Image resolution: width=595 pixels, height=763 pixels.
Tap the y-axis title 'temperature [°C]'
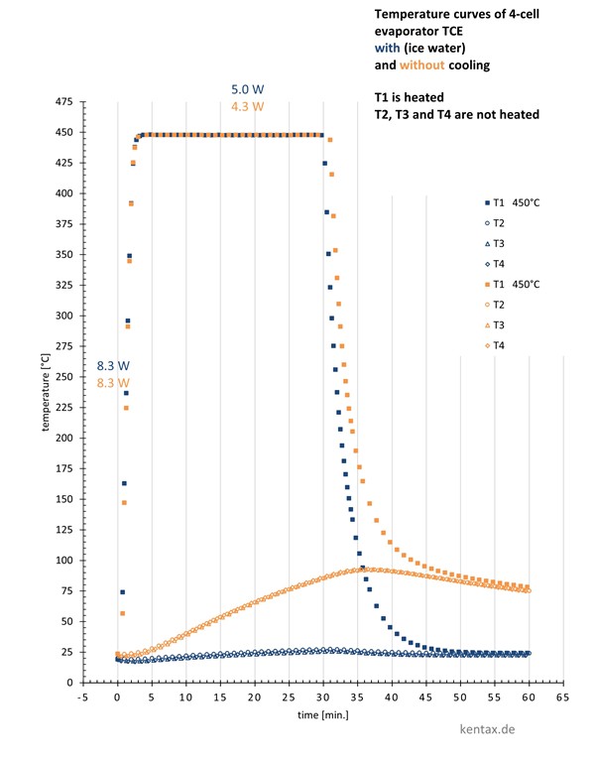[46, 393]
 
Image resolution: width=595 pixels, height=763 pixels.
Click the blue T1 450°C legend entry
[515, 201]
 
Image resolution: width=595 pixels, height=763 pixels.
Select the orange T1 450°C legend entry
[515, 284]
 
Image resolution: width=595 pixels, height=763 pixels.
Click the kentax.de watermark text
[499, 729]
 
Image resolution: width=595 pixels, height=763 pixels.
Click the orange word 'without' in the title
[422, 65]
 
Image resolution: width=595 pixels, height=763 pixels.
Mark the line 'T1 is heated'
[410, 97]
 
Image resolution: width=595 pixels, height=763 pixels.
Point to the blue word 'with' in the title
[388, 49]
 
